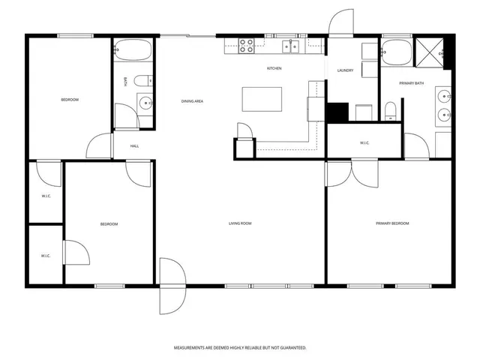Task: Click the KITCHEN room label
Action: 274,69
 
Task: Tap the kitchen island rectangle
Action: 262,99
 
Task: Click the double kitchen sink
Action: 291,46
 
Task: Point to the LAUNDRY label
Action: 345,70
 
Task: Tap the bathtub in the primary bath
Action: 396,52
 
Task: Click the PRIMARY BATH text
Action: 411,83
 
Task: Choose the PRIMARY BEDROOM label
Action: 392,223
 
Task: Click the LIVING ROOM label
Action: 240,223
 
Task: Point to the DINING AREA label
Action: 192,101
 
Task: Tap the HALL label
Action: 134,146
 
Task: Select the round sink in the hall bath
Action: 145,103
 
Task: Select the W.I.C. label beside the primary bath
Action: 364,142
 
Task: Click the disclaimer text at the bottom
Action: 240,348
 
